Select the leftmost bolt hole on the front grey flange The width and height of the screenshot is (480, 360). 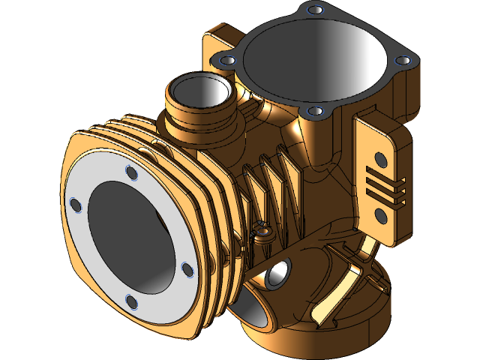(x=75, y=204)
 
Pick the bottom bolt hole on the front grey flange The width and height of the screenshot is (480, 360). (x=131, y=301)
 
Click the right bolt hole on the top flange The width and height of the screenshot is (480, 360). (x=401, y=59)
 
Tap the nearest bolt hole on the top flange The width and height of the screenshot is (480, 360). (x=316, y=111)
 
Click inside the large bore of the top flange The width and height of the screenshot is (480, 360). (x=315, y=60)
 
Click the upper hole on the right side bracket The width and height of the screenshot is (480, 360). (x=381, y=159)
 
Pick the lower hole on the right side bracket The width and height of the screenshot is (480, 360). (x=380, y=216)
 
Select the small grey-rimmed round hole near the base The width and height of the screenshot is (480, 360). (x=278, y=274)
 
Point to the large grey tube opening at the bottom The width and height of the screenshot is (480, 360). (x=251, y=311)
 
